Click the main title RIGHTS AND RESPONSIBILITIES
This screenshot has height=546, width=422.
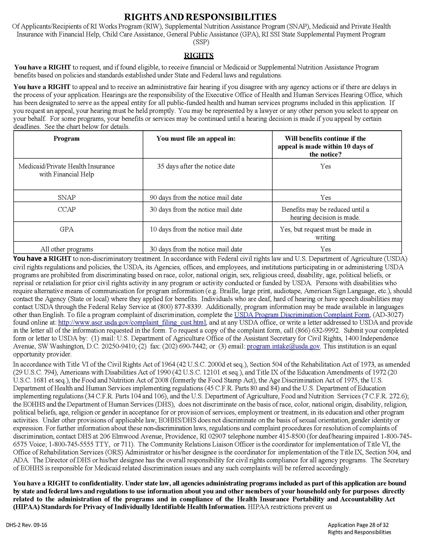[200, 17]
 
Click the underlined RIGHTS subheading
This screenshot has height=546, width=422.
[199, 56]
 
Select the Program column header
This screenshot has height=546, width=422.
[67, 138]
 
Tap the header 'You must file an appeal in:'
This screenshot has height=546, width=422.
[196, 138]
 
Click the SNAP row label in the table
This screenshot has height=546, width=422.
[67, 198]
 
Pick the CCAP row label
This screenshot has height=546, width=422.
[67, 209]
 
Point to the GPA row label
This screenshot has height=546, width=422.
[67, 229]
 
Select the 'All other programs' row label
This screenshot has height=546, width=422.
[67, 249]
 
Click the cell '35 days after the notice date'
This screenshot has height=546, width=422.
[196, 166]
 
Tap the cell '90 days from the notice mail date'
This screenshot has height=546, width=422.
[196, 198]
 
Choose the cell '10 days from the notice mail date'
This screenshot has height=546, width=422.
[196, 229]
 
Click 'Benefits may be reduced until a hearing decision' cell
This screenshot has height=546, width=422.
[325, 213]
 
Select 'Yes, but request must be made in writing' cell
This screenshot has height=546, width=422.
[325, 233]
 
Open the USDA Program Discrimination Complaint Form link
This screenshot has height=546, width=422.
[302, 315]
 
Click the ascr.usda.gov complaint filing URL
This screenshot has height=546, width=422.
[132, 322]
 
